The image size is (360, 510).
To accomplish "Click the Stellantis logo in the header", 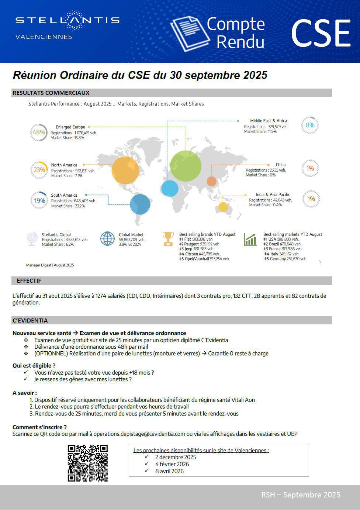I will coord(67,20).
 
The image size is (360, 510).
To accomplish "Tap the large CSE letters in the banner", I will coord(321,34).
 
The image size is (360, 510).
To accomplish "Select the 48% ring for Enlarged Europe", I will coord(39,132).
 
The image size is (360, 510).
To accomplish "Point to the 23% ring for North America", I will coord(39,170).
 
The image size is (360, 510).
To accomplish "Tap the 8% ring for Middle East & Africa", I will coord(310,125).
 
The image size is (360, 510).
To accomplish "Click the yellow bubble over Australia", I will coord(223,207).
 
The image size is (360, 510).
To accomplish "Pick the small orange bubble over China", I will coord(211,181).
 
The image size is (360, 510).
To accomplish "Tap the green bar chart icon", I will coord(250,240).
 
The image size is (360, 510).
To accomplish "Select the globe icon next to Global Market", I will coord(108,239).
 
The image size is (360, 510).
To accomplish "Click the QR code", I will coord(88,463).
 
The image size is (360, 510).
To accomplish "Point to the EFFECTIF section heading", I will coord(29,281).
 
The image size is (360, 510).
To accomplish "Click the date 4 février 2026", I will coord(172,464).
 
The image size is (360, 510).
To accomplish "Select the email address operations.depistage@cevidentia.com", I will coord(139,434).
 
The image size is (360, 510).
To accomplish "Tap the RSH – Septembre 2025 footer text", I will coord(301,495).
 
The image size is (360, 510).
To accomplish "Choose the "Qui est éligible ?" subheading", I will coord(34,366).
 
